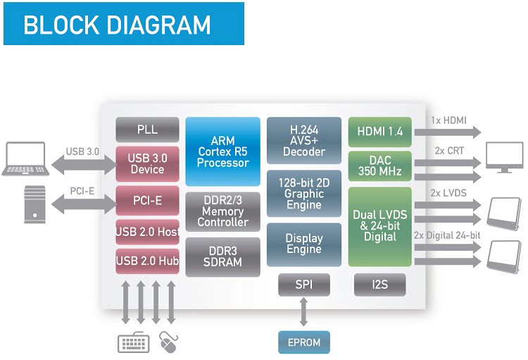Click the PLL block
[x=148, y=130]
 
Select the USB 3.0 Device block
[x=148, y=163]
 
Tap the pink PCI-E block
[x=148, y=201]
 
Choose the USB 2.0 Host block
[x=148, y=232]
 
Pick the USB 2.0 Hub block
[x=148, y=261]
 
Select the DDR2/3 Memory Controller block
[x=222, y=211]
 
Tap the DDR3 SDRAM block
[x=222, y=256]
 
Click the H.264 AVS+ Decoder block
[x=304, y=141]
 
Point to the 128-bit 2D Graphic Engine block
[x=304, y=194]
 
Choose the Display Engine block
[x=304, y=244]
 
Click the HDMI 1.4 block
[x=379, y=132]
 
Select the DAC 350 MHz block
[x=379, y=166]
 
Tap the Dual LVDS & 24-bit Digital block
[x=379, y=226]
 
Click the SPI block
[x=304, y=285]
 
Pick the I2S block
[x=379, y=285]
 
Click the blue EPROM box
[x=304, y=342]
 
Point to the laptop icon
[x=25, y=159]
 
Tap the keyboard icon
[x=134, y=343]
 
